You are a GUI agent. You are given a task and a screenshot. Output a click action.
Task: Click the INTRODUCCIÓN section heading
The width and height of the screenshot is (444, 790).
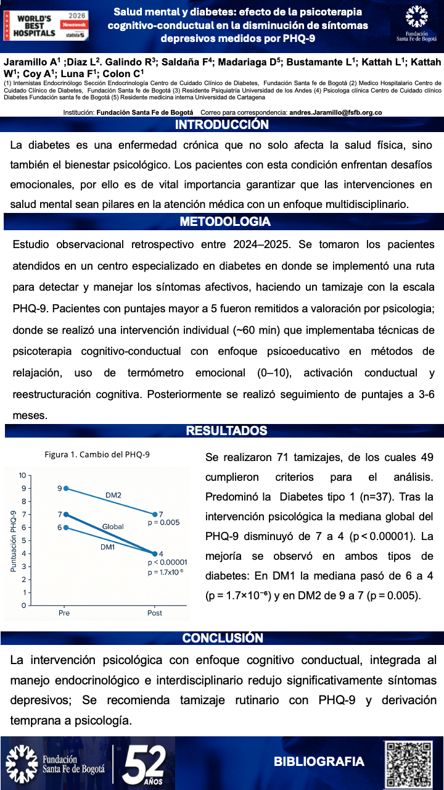click(222, 125)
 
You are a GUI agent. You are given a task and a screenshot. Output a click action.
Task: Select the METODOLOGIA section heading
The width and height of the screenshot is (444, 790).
click(224, 222)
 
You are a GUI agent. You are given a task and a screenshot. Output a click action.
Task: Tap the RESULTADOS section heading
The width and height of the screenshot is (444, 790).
click(226, 431)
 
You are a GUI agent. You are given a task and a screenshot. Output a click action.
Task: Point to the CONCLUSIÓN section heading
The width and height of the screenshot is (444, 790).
click(223, 638)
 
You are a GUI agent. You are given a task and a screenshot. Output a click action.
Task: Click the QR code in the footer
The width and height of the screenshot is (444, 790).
click(409, 763)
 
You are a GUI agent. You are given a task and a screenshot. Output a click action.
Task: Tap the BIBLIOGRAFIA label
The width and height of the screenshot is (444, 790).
click(319, 762)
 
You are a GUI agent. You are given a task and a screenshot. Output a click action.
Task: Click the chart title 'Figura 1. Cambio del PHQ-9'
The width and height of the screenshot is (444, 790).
click(97, 455)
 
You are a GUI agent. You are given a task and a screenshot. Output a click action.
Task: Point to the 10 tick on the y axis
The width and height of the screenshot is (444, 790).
click(22, 475)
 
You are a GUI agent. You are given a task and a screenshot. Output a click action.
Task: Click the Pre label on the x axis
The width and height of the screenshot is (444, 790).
click(64, 613)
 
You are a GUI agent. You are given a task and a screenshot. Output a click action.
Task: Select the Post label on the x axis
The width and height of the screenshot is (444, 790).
click(154, 613)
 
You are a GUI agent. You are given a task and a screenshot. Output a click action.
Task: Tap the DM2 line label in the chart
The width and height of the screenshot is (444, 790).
click(113, 495)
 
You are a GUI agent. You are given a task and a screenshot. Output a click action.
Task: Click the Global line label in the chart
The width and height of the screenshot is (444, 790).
click(113, 526)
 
